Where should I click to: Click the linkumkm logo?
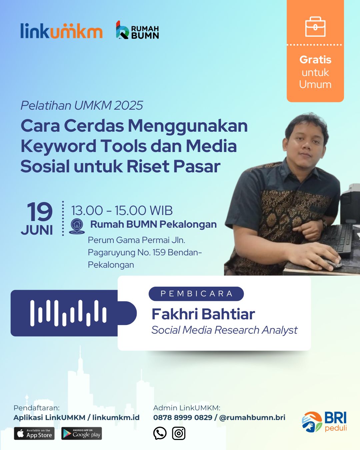point(61,31)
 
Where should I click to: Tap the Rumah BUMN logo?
point(137,30)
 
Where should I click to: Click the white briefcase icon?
point(315,27)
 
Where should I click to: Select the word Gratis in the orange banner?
point(315,60)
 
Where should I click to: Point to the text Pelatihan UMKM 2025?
point(82,105)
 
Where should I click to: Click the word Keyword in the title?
point(58,146)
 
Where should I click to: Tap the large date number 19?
point(40,212)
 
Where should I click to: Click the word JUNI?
point(37,230)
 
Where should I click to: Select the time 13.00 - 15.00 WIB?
point(122,210)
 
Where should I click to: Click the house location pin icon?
point(77,226)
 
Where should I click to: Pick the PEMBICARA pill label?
point(196,294)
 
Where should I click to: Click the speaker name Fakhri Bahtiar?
point(203,314)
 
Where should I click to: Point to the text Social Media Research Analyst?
point(224,330)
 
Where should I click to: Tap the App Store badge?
point(34,433)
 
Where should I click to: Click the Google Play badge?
point(82,433)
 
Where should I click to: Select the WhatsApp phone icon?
point(160,433)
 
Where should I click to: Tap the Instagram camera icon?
point(179,433)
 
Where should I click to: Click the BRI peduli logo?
point(324,422)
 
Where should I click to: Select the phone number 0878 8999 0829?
point(183,417)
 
